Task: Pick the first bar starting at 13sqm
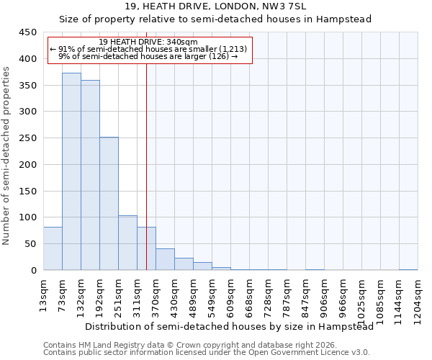click(53, 248)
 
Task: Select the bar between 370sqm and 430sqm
click(165, 259)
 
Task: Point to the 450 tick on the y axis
click(28, 32)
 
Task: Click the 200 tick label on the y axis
click(28, 165)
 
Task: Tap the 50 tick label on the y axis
click(31, 244)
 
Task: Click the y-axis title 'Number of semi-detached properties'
click(6, 156)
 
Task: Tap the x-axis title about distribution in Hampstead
click(229, 326)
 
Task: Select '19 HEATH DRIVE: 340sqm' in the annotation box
click(148, 42)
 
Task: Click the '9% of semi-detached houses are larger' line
click(148, 56)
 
